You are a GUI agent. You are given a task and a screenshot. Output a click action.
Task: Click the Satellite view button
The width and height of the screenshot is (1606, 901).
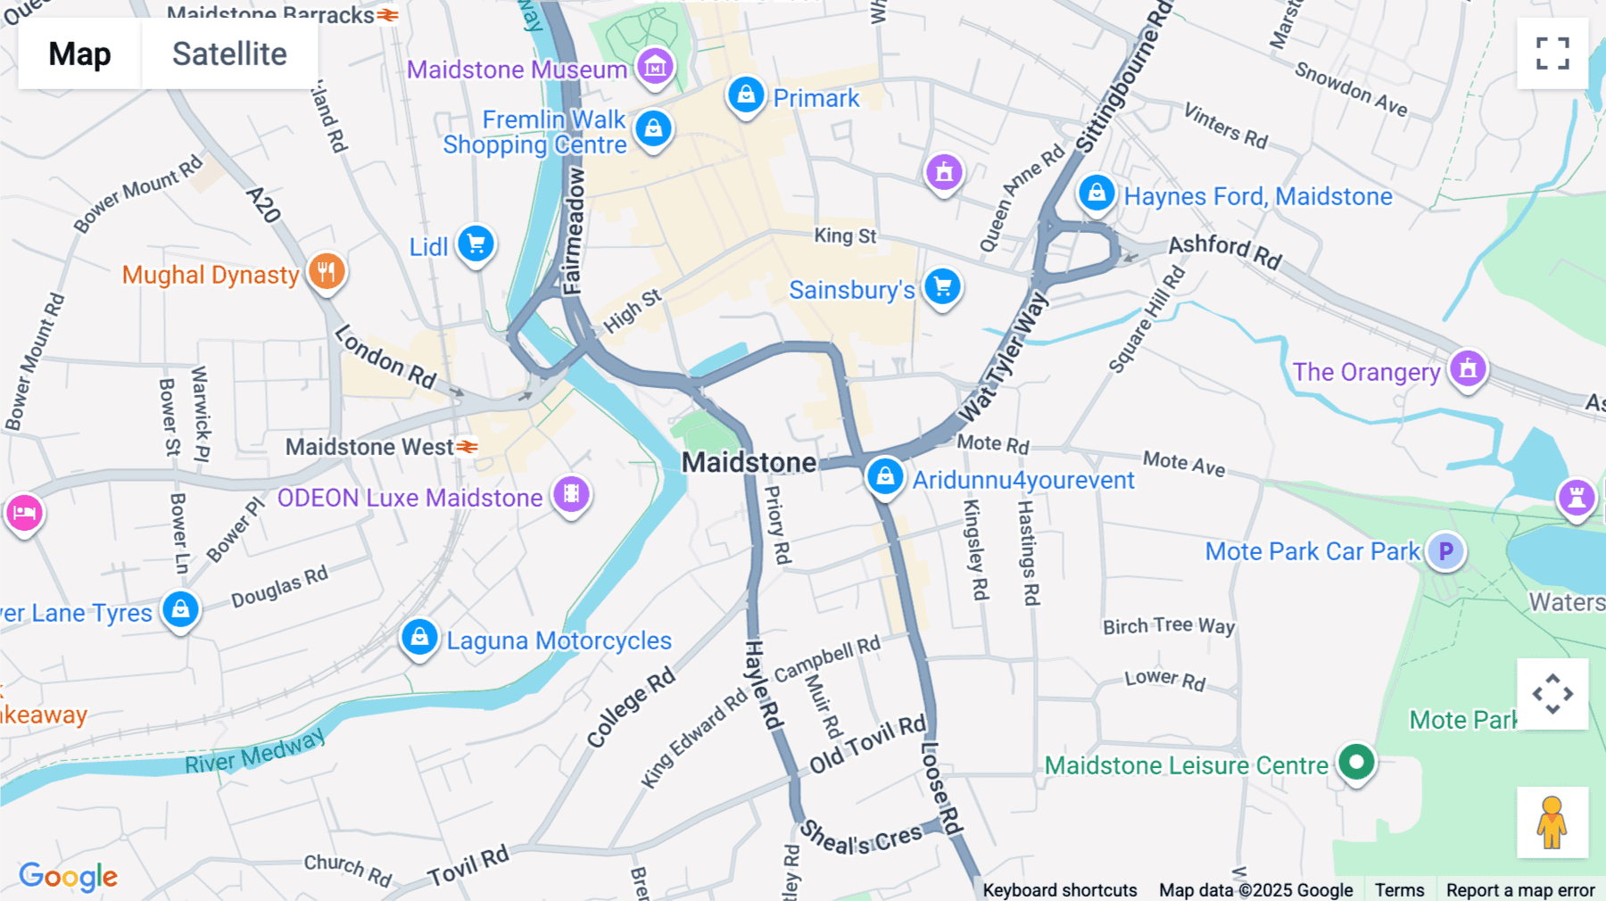pos(229,54)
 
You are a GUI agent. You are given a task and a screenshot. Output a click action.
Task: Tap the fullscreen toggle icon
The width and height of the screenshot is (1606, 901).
pos(1552,54)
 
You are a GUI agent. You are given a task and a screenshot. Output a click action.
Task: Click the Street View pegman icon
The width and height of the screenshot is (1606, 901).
pos(1552,822)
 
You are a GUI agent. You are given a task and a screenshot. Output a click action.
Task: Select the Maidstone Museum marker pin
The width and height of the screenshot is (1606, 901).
pos(655,67)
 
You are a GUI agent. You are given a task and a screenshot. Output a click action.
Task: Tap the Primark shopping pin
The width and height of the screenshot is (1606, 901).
pos(746,95)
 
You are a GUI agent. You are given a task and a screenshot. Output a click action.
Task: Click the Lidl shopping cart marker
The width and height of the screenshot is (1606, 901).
pos(476,244)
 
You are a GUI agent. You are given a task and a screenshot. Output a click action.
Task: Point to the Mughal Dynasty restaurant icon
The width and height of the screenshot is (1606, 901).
pos(327,272)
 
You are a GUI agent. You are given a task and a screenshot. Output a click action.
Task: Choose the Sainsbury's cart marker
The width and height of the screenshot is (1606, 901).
pos(942,287)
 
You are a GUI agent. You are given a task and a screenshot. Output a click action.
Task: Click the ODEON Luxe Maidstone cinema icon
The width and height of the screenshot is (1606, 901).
pos(571,494)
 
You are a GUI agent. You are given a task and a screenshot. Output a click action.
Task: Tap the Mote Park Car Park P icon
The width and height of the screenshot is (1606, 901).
pos(1445,551)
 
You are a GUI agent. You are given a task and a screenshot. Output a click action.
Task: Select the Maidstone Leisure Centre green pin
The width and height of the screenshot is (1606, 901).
pos(1356,763)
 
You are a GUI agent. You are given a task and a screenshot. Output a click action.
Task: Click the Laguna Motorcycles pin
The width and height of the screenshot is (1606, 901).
pos(418,638)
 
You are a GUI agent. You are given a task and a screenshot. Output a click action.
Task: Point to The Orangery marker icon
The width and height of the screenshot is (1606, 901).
pos(1468,368)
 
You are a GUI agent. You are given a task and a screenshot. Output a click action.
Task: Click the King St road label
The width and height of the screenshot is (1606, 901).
pos(845,236)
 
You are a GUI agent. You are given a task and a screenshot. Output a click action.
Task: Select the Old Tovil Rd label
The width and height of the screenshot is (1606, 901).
pos(867,744)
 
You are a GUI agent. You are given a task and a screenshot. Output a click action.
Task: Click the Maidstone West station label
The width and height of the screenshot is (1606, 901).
pos(369,447)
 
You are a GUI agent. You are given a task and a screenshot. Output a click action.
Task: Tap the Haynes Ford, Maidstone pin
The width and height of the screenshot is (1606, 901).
pos(1097,193)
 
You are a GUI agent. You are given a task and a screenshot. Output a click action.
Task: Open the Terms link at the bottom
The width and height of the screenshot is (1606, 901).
pos(1399,889)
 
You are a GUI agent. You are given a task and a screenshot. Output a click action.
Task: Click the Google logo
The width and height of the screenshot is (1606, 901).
pos(69,877)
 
